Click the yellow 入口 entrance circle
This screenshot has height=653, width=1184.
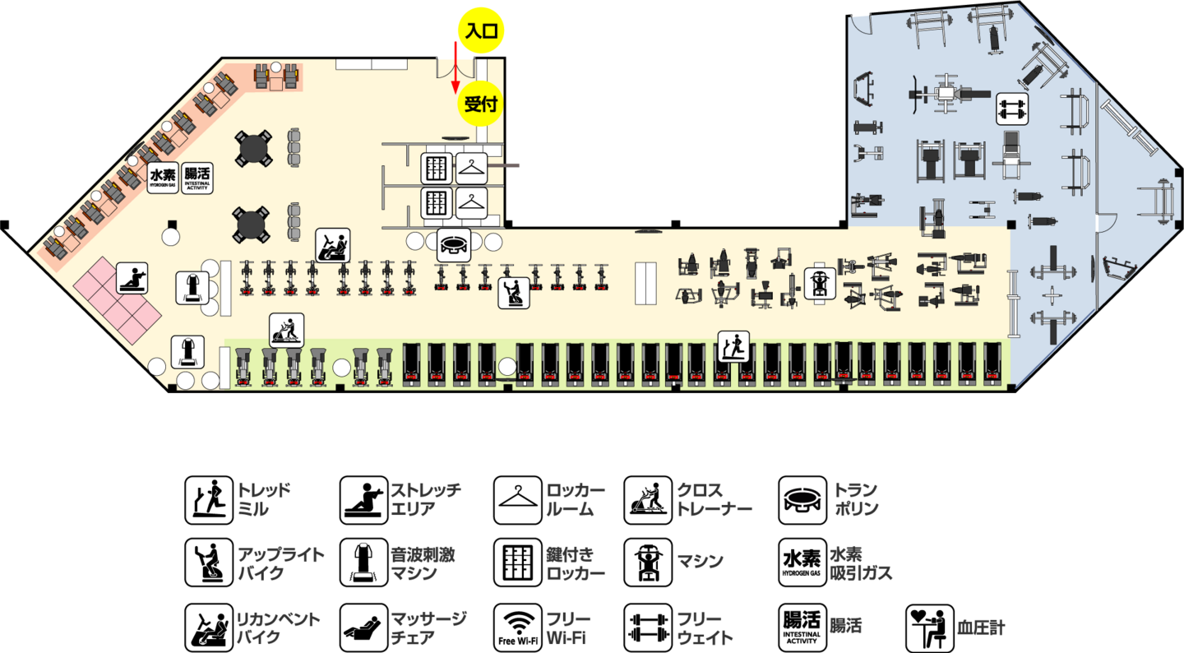(481, 30)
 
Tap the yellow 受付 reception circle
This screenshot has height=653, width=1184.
(480, 104)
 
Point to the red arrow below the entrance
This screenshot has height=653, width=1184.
(455, 67)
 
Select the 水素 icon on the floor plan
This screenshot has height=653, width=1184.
(162, 178)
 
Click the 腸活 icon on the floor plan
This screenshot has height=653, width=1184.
(197, 178)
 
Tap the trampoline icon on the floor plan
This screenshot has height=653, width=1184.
(454, 245)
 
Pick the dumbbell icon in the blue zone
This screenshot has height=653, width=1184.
(1012, 109)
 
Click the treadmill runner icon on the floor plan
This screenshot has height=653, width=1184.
(733, 347)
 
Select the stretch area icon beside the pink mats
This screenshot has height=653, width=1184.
(132, 278)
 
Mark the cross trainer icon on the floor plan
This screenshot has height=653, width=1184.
(286, 330)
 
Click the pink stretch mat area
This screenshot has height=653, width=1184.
(118, 300)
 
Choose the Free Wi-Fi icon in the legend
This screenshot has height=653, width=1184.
(518, 628)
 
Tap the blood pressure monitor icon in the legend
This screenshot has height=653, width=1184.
(930, 628)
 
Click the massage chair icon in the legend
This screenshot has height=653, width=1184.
(363, 628)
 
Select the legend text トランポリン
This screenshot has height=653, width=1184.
(856, 499)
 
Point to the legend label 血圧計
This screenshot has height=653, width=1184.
(981, 628)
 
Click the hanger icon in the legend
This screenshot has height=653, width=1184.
(518, 500)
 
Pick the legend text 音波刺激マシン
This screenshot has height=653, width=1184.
(423, 563)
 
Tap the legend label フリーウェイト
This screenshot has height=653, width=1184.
(705, 628)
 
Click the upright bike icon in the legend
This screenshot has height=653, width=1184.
(209, 563)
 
